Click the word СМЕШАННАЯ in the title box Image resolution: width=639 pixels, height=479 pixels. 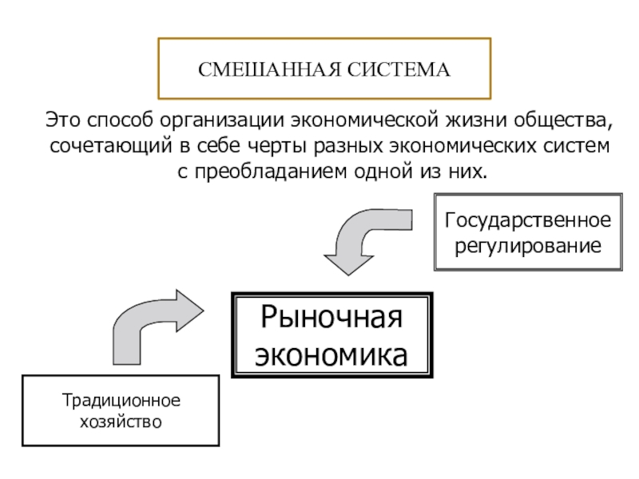[x=269, y=69]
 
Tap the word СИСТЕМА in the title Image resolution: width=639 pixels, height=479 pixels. [x=399, y=69]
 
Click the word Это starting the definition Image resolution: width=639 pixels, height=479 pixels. [x=63, y=120]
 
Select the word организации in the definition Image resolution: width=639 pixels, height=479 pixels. [x=222, y=121]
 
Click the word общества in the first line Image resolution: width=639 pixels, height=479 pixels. [x=563, y=121]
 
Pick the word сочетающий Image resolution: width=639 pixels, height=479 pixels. [x=111, y=146]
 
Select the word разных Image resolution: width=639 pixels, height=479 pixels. [x=348, y=146]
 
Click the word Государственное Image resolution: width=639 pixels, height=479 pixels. [x=528, y=221]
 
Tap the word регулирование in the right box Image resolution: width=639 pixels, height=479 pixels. [x=528, y=246]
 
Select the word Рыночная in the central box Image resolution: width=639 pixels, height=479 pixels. [x=331, y=316]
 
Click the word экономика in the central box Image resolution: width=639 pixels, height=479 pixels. [x=331, y=354]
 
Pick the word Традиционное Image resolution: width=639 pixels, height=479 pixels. [x=121, y=401]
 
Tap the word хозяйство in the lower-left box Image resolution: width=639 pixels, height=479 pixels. [x=121, y=422]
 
